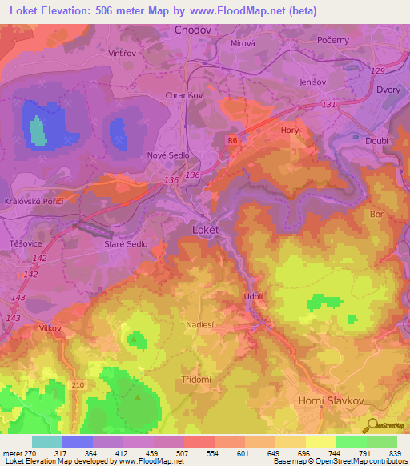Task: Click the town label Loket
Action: click(205, 229)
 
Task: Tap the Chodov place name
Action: click(193, 30)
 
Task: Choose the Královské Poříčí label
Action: click(34, 201)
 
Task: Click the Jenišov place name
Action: click(314, 82)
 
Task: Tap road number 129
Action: click(378, 72)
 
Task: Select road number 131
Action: click(328, 105)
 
